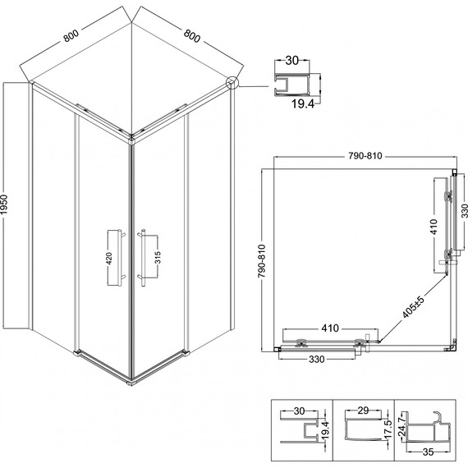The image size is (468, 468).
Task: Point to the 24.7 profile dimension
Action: (401, 425)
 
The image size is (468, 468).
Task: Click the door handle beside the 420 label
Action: (122, 256)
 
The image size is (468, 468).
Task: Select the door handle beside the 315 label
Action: (141, 256)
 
